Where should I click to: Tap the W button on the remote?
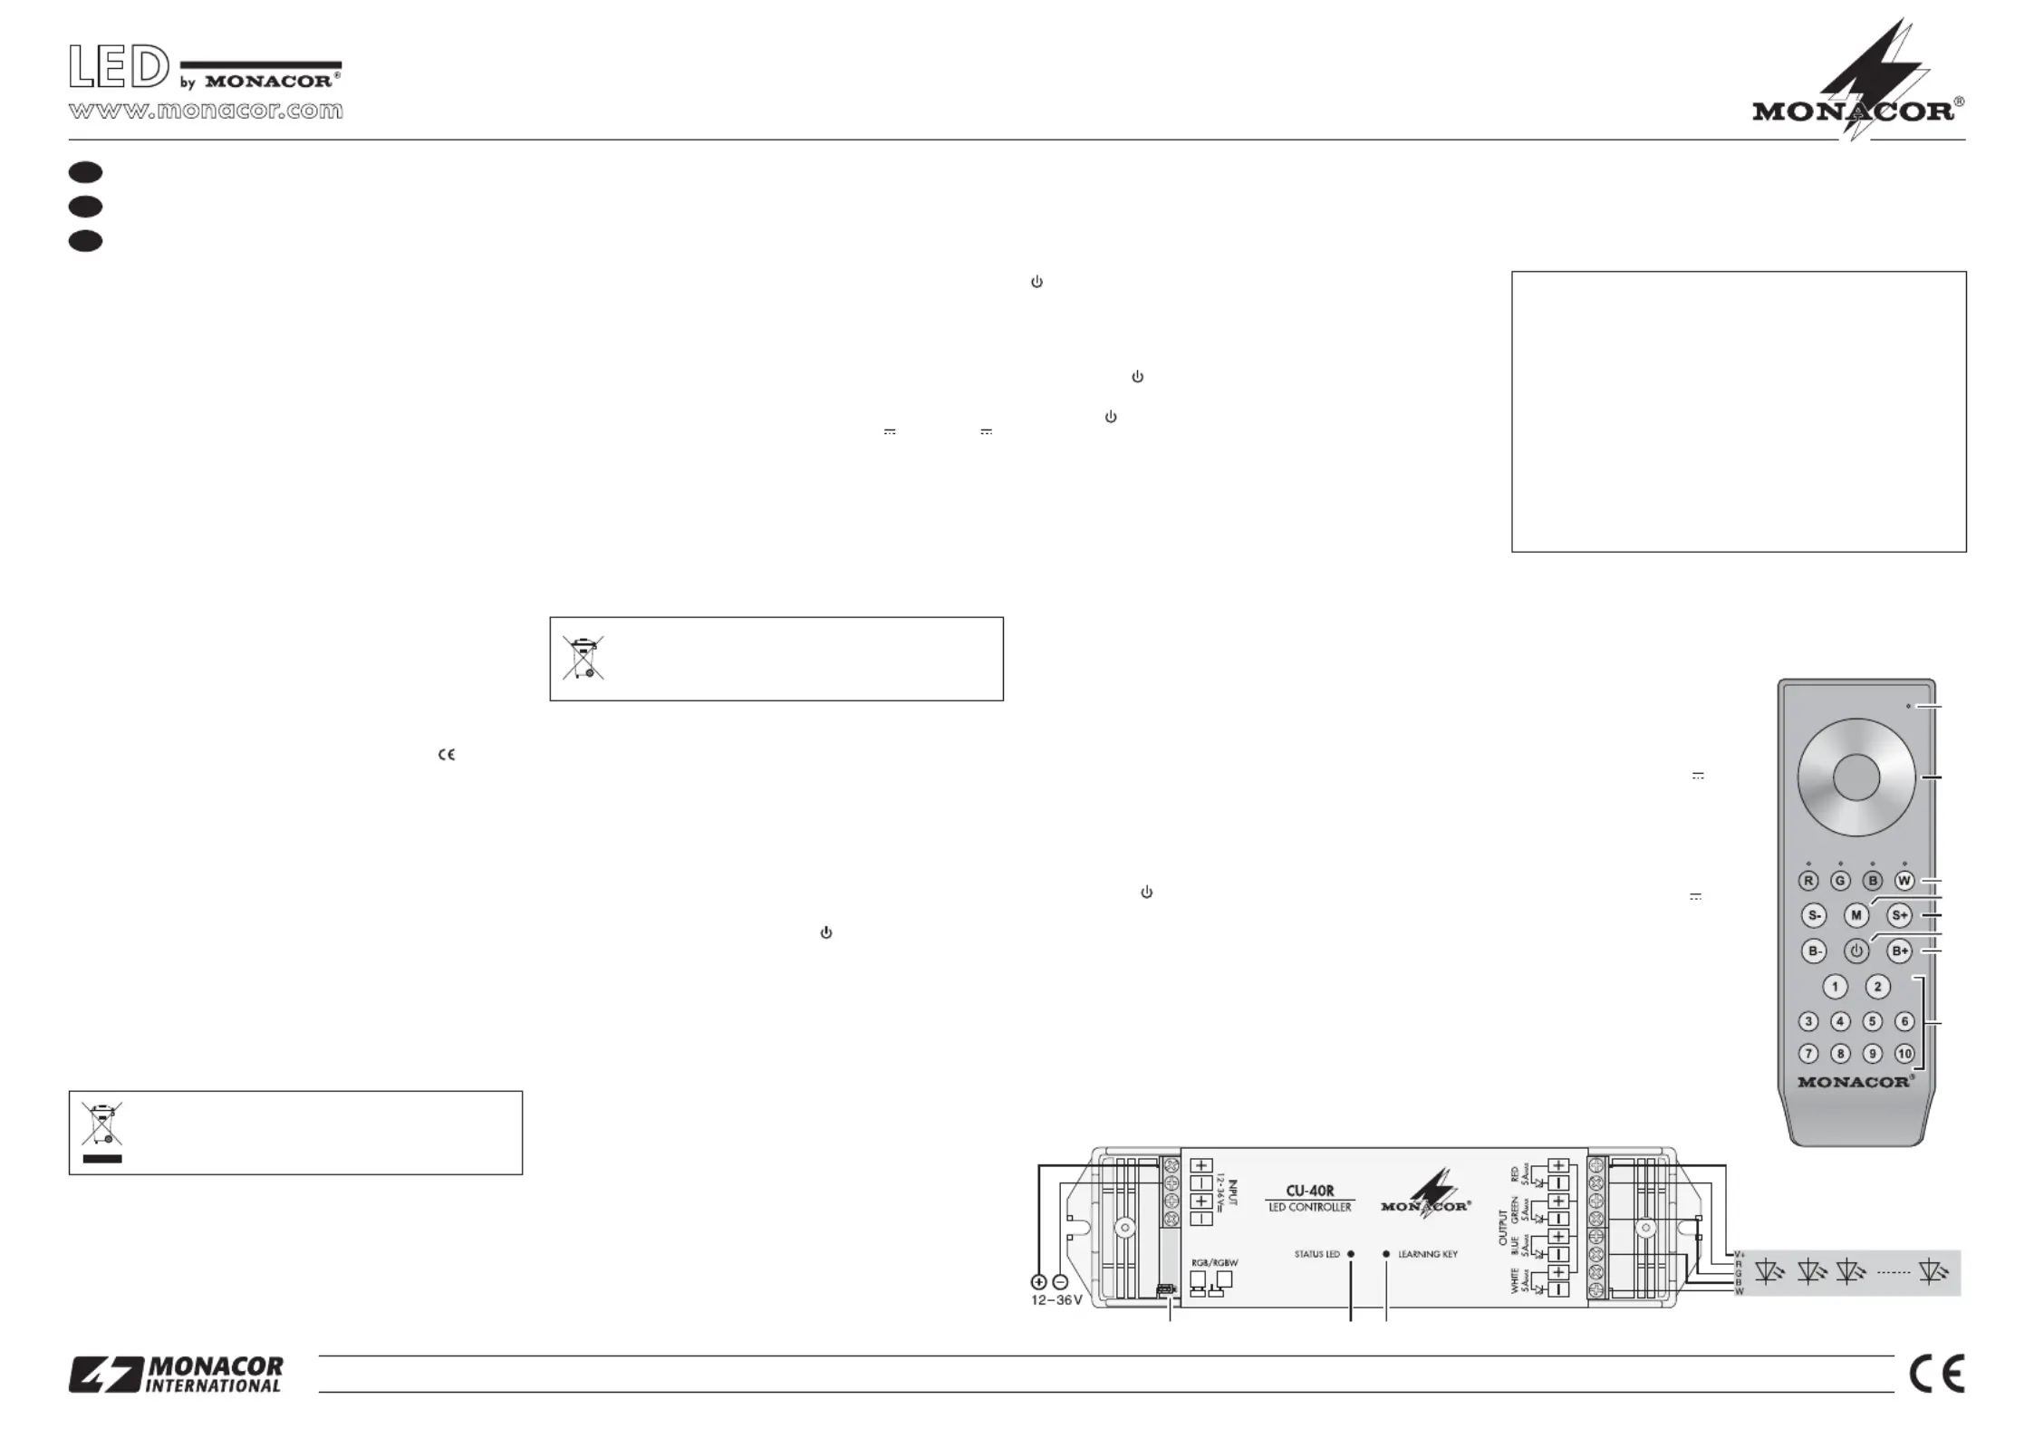[x=1904, y=881]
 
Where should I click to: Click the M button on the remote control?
[x=1856, y=915]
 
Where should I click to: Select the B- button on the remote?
[x=1814, y=951]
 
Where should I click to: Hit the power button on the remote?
[x=1856, y=951]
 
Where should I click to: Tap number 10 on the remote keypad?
[x=1904, y=1054]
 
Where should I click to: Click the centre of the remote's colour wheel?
[x=1856, y=777]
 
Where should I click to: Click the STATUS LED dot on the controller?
[x=1351, y=1254]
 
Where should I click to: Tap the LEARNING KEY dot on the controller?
[x=1386, y=1254]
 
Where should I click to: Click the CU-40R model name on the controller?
[x=1309, y=1191]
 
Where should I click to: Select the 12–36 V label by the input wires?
[x=1056, y=1300]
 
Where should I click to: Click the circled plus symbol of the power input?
[x=1038, y=1282]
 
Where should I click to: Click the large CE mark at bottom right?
[x=1936, y=1374]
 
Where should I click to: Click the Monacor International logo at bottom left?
[x=176, y=1374]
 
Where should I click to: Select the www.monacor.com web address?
[x=206, y=111]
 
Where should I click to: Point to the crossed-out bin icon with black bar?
[x=101, y=1132]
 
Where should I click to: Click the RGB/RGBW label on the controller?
[x=1214, y=1262]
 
